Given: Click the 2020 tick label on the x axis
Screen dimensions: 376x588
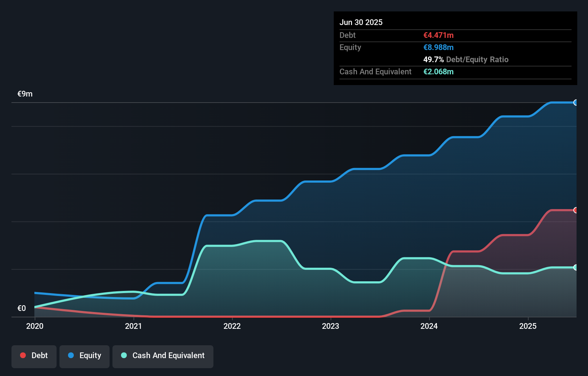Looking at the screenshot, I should click(35, 326).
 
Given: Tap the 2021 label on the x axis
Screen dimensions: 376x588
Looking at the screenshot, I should click(133, 326).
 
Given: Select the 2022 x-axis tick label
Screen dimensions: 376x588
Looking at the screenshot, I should click(232, 326).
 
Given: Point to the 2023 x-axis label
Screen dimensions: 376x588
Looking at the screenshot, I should click(331, 326).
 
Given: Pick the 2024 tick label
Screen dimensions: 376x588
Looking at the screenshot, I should click(429, 326).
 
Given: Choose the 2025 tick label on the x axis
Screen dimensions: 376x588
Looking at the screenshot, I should click(528, 326).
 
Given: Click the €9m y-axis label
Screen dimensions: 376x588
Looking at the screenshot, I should click(25, 94).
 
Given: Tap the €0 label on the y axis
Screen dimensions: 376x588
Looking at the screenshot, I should click(22, 308).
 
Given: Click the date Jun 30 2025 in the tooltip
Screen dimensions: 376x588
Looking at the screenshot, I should click(361, 22).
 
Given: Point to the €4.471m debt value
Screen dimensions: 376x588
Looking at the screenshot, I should click(438, 35).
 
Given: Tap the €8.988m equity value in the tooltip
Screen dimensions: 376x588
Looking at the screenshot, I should click(438, 47).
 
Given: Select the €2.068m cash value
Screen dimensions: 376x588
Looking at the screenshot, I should click(438, 71).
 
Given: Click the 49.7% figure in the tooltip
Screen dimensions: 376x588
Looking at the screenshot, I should click(433, 59).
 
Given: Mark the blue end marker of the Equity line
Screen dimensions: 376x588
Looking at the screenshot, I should click(575, 103).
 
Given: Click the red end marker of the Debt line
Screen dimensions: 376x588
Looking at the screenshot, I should click(575, 210).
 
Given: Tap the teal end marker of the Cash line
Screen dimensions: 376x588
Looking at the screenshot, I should click(575, 267).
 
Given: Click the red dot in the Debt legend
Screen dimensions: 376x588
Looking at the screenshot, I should click(23, 355).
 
